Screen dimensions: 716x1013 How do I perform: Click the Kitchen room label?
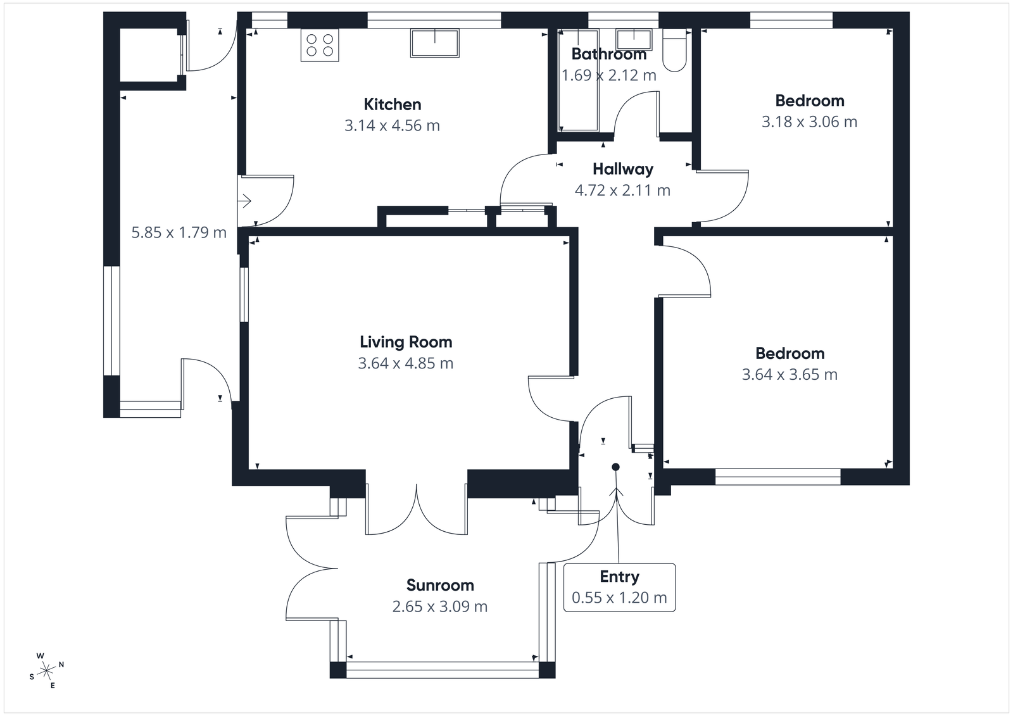[392, 104]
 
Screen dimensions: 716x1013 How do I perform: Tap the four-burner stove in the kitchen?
[320, 45]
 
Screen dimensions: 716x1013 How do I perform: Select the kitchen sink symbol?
[435, 43]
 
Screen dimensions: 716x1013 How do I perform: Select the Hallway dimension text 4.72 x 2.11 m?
[622, 191]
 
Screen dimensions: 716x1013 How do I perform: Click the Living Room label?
[406, 342]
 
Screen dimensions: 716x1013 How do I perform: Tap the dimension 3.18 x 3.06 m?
[809, 122]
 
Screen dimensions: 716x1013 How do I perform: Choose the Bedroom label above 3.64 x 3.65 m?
[790, 353]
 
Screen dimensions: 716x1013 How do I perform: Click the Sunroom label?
[440, 585]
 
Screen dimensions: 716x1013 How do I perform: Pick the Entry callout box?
[619, 587]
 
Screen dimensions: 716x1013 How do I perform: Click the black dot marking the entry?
[615, 467]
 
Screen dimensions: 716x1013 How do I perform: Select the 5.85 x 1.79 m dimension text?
[179, 233]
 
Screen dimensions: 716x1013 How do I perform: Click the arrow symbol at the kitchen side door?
[244, 201]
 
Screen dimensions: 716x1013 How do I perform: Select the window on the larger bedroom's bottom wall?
[777, 477]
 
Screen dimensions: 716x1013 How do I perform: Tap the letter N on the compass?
[61, 665]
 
